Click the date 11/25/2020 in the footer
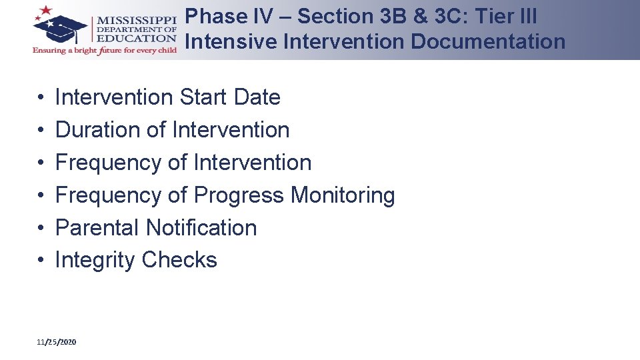pos(57,342)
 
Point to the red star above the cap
pos(46,11)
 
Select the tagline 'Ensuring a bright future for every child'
pos(105,51)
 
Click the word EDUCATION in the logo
pos(137,39)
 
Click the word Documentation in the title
pos(488,41)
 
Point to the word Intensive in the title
pos(231,41)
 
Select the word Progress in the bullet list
pos(238,195)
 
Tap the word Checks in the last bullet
pos(179,260)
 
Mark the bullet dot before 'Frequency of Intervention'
pos(41,163)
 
